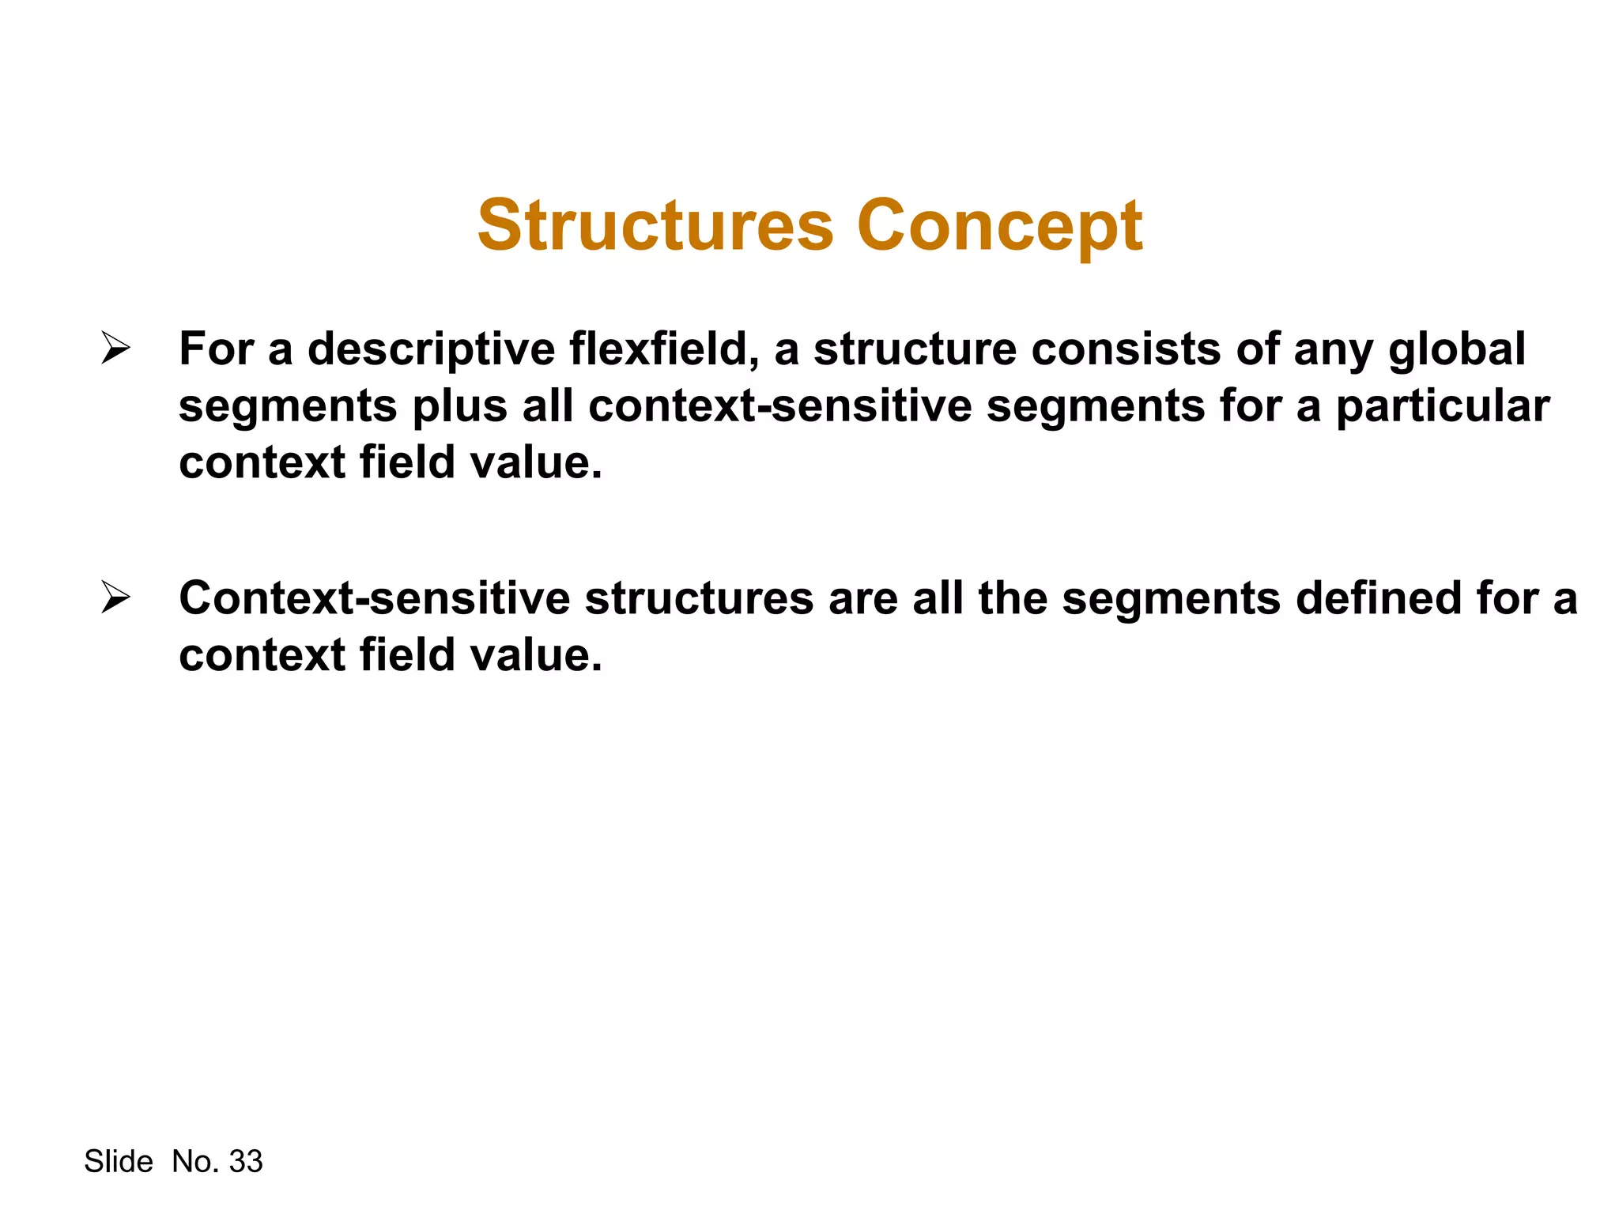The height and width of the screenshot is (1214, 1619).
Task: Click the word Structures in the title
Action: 655,226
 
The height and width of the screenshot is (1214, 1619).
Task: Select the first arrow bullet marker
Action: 115,349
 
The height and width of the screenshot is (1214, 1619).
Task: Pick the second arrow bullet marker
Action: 115,598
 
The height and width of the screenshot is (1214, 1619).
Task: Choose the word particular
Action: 1443,406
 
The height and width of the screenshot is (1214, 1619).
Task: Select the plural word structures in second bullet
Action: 699,598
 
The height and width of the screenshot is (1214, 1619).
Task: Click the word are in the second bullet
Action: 863,598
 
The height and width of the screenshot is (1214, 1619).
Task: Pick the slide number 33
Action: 245,1161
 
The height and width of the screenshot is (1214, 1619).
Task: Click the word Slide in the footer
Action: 119,1161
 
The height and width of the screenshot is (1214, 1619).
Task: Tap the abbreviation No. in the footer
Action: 195,1161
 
